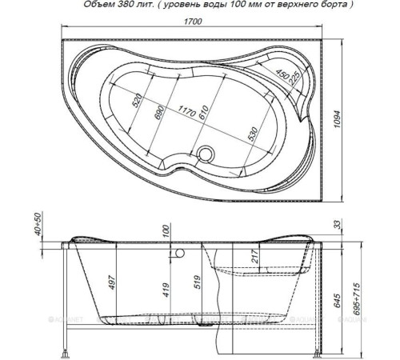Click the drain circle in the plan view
pos(207,152)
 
